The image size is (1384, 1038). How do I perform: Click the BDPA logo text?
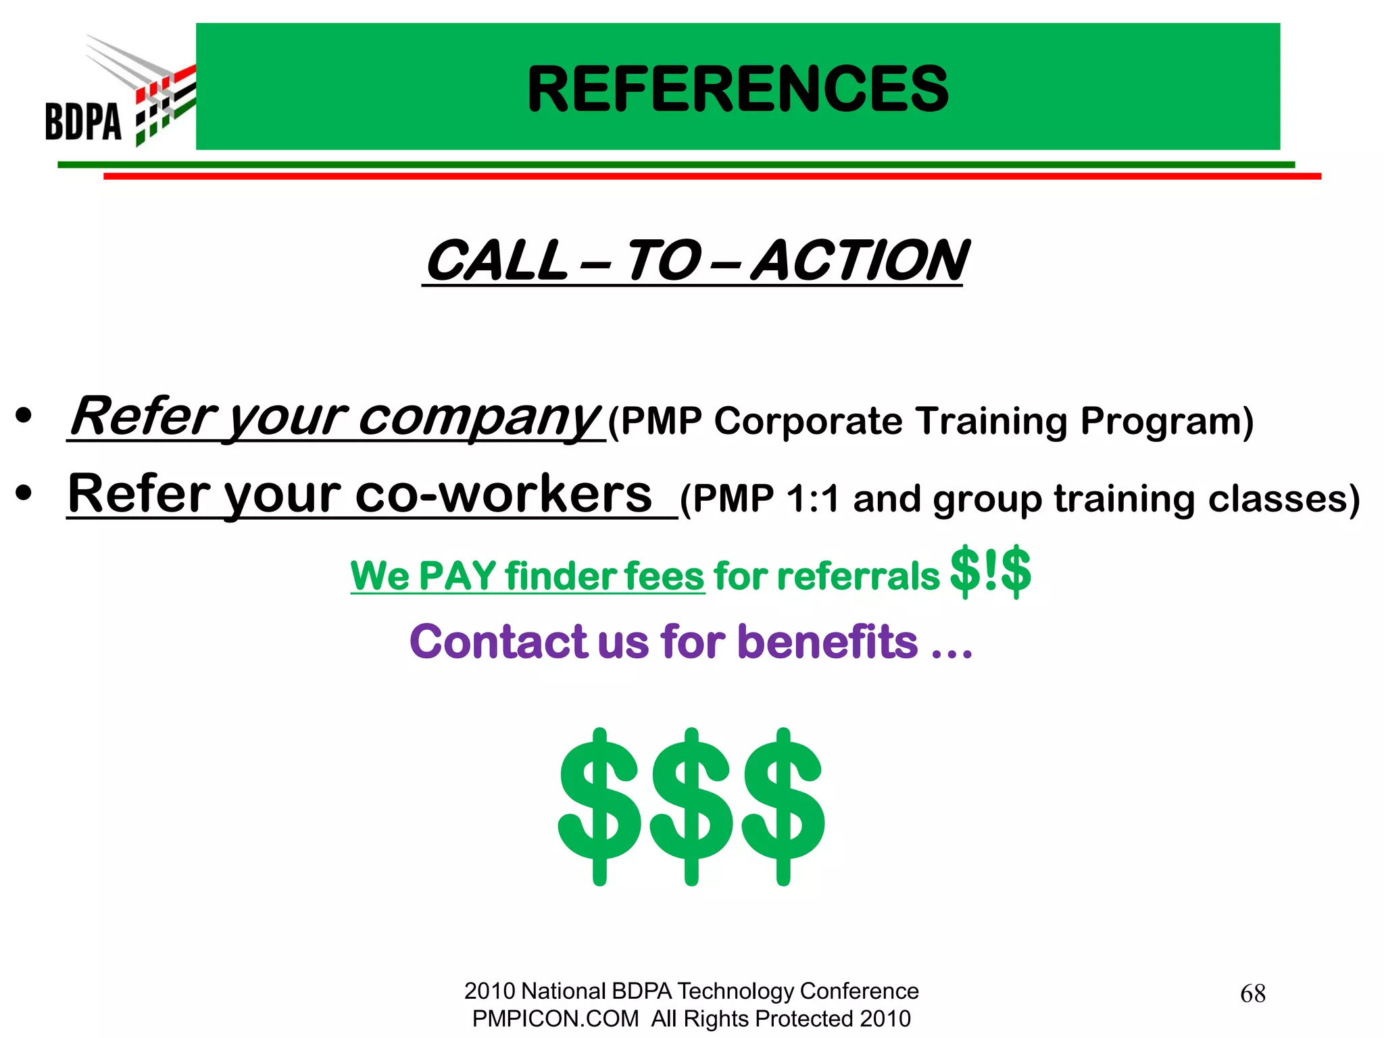(x=83, y=122)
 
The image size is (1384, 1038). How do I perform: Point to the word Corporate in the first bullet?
(x=808, y=421)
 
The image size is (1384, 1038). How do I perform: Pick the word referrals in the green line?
(x=858, y=576)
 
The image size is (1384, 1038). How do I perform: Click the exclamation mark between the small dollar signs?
(x=991, y=571)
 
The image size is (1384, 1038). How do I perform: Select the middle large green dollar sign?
(x=691, y=806)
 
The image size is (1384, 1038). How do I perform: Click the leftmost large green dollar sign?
(x=599, y=806)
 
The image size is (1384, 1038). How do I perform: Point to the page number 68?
(x=1253, y=993)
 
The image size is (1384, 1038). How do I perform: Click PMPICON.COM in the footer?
(x=555, y=1018)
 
